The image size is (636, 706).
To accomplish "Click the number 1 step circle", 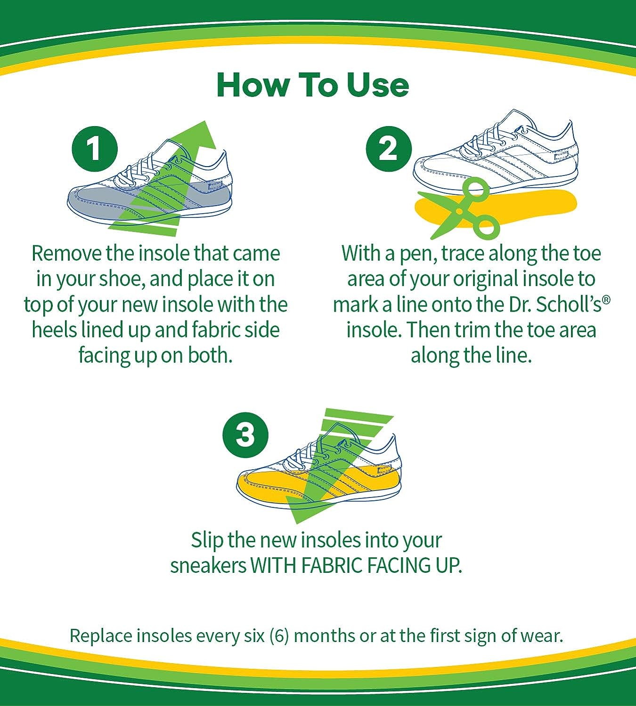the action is (x=94, y=149).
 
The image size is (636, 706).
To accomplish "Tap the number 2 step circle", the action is (x=389, y=149).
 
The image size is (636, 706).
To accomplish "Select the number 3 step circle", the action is (x=245, y=434).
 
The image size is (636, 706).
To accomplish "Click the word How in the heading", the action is (x=252, y=86).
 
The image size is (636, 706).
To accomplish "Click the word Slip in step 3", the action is (x=207, y=540).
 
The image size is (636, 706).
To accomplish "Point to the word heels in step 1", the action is (x=54, y=330).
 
